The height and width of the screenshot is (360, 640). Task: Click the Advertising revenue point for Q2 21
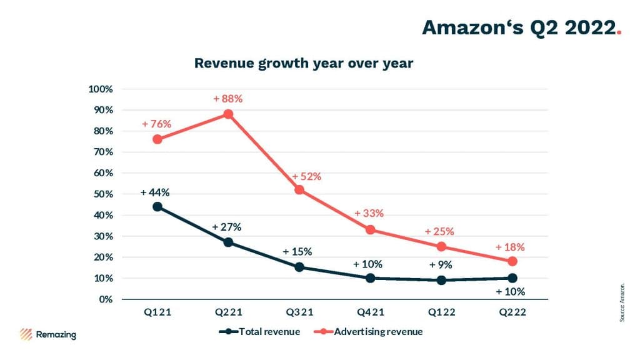(x=228, y=114)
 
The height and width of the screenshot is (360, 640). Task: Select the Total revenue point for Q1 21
(x=157, y=206)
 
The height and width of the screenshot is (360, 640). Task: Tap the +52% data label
(x=306, y=177)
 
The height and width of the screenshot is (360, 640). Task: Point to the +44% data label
(x=156, y=192)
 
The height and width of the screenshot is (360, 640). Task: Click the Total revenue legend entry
(x=263, y=332)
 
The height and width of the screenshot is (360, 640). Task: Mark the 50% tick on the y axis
(x=104, y=194)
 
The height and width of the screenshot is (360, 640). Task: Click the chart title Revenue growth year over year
(x=304, y=64)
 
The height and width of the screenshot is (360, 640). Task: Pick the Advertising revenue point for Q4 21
(x=370, y=229)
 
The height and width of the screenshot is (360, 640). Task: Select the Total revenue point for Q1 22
(x=441, y=280)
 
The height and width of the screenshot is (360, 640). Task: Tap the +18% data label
(x=510, y=247)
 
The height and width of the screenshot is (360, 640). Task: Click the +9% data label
(x=441, y=265)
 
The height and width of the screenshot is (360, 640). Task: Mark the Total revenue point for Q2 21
(x=228, y=242)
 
